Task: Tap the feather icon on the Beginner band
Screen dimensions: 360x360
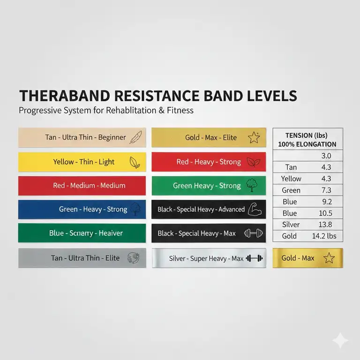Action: tap(135, 137)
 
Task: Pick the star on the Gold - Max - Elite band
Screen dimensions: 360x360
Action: tap(253, 137)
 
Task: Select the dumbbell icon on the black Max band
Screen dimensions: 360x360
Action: tap(253, 233)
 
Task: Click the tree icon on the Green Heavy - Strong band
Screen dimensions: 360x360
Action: tap(251, 186)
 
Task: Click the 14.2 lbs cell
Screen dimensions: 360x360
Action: tap(324, 236)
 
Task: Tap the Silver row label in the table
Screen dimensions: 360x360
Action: tap(291, 225)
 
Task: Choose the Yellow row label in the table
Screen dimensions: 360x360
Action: tap(291, 178)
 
